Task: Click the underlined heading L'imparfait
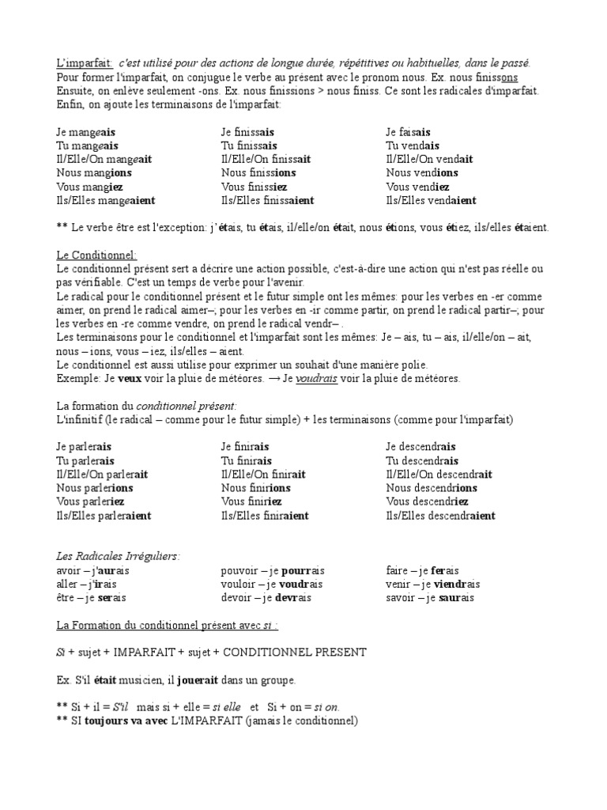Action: (x=85, y=63)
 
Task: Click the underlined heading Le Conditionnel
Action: (x=96, y=255)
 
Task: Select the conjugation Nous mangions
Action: (x=94, y=172)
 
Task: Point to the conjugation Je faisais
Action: (x=408, y=131)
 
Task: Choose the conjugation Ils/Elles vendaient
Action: (x=431, y=201)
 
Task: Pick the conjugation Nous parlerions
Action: (x=95, y=488)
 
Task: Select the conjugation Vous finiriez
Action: (x=251, y=502)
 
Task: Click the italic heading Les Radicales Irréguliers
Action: (x=118, y=556)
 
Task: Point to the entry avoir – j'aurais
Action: (x=92, y=570)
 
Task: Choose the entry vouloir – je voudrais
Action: (x=272, y=584)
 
